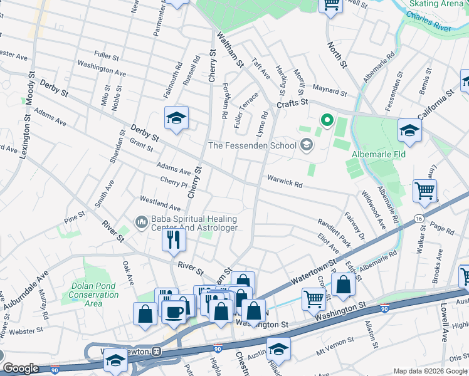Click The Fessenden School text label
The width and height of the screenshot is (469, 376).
(252, 146)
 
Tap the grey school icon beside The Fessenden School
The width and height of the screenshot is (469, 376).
(307, 146)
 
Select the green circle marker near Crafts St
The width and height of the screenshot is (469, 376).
(326, 119)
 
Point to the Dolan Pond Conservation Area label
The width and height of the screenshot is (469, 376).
(93, 295)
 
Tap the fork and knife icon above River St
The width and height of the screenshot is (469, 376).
(174, 239)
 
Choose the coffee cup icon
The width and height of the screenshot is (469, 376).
(174, 311)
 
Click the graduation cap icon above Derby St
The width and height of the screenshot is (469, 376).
(177, 118)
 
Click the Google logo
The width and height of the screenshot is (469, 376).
(21, 368)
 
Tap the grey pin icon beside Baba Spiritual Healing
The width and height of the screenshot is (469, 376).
(141, 222)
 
